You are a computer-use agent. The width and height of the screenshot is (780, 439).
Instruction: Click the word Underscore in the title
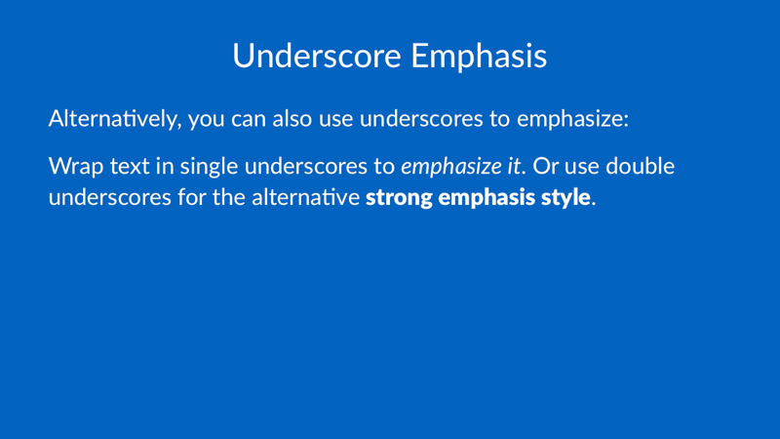click(316, 56)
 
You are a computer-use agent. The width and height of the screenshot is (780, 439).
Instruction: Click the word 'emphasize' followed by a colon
click(572, 119)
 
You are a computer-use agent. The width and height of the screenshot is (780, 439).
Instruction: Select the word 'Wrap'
click(76, 166)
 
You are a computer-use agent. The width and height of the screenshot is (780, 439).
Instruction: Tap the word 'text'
click(130, 167)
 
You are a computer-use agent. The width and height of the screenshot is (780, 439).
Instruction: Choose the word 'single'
click(209, 167)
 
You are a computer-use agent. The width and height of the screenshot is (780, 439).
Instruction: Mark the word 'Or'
click(546, 166)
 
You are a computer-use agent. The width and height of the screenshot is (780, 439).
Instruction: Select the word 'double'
click(640, 166)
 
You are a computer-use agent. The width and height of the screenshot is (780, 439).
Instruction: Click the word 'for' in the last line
click(192, 197)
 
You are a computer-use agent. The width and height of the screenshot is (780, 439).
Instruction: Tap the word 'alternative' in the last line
click(305, 197)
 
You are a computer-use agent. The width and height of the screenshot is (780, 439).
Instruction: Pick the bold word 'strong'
click(399, 198)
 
